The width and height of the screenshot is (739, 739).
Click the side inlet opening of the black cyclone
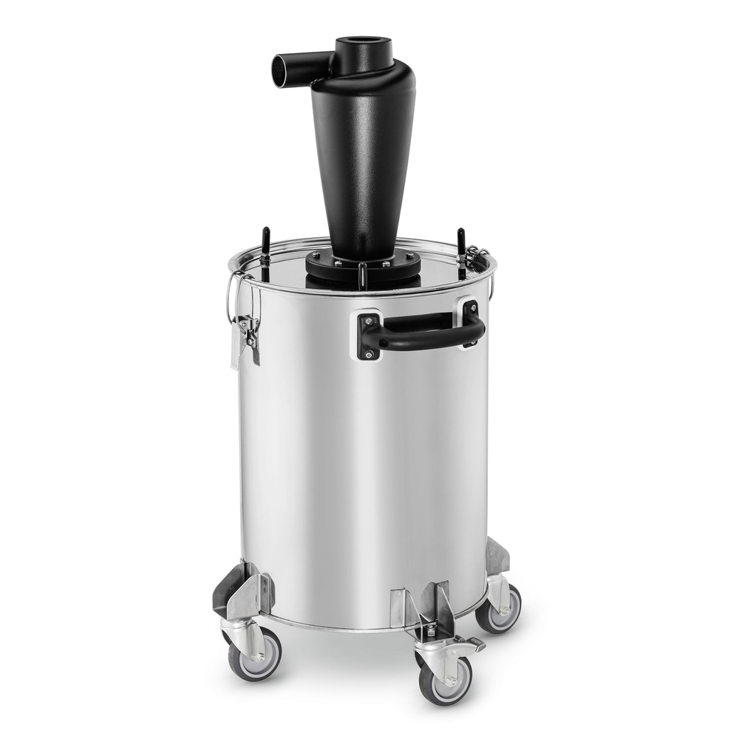pyautogui.click(x=281, y=70)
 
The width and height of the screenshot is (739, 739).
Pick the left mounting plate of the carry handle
pyautogui.click(x=368, y=336)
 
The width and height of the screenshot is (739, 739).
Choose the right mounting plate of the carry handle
pyautogui.click(x=471, y=321)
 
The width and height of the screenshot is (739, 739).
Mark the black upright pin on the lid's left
pyautogui.click(x=265, y=243)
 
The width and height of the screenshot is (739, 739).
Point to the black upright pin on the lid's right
pyautogui.click(x=460, y=243)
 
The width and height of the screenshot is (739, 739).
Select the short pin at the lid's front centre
pyautogui.click(x=362, y=276)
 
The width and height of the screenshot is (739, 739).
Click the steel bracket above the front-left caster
pyautogui.click(x=244, y=591)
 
